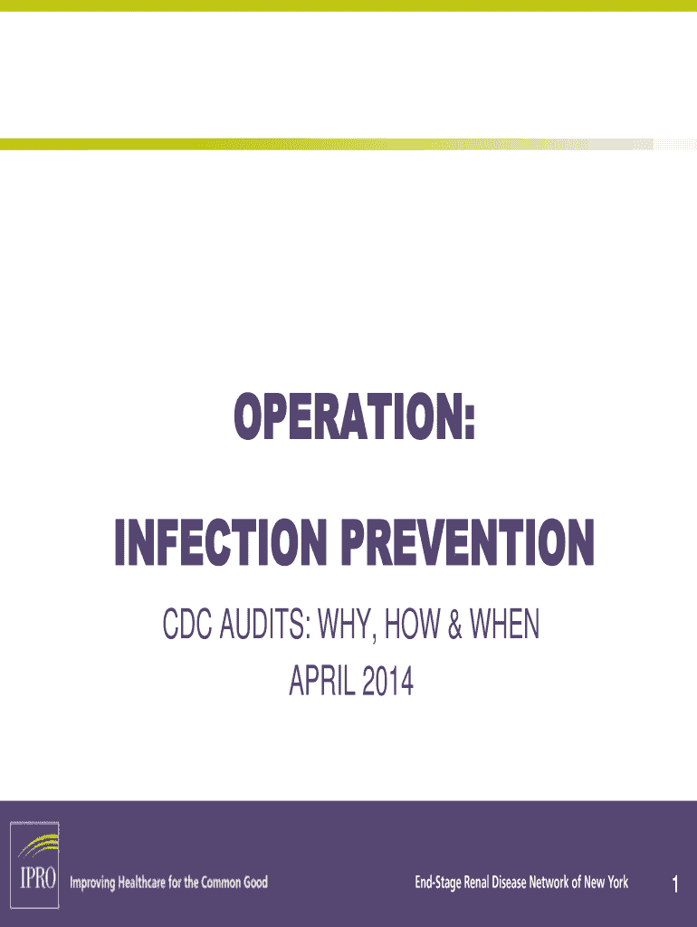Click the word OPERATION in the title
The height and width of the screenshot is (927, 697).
(348, 416)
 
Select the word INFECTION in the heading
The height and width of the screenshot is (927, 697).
(221, 542)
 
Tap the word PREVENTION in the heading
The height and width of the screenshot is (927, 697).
(468, 542)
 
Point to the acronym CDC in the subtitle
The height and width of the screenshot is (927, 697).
(186, 625)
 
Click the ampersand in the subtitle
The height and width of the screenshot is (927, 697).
(454, 625)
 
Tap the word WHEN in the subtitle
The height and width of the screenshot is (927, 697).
(504, 625)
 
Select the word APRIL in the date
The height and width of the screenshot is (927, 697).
(321, 681)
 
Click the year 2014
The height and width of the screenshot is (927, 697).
(387, 681)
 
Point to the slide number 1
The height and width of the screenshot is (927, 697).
(675, 884)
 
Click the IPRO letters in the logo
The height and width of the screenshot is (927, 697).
(38, 877)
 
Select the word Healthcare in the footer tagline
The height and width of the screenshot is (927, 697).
(142, 883)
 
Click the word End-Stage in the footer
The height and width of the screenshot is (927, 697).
(438, 883)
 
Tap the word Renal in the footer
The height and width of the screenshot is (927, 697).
(476, 883)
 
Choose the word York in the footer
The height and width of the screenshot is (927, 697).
(617, 883)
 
